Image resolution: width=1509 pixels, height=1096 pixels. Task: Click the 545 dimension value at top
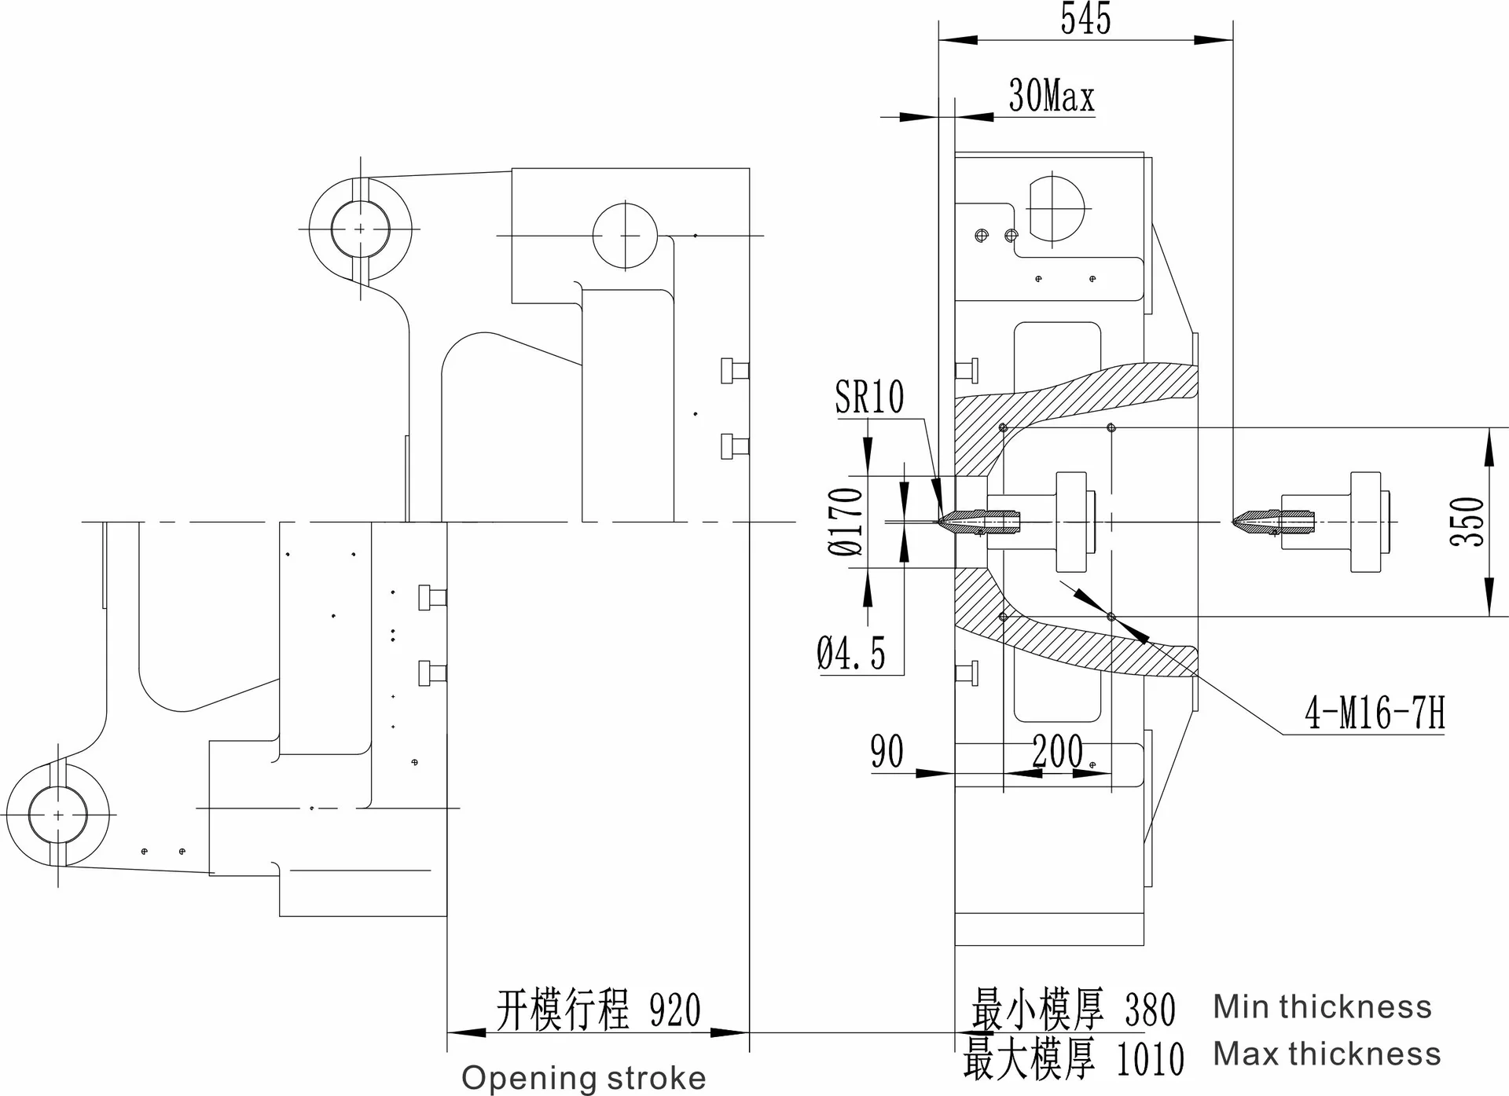click(1085, 20)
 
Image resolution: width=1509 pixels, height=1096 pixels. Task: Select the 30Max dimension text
click(1051, 97)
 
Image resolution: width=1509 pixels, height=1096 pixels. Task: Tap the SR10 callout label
click(869, 398)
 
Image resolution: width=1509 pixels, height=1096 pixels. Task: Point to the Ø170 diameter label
click(846, 521)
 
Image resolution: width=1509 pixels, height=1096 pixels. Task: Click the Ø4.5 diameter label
click(851, 654)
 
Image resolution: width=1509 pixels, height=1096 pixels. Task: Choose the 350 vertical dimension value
click(1467, 521)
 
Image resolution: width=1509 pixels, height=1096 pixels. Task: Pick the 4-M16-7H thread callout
click(1375, 714)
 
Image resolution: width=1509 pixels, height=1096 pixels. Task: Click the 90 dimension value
click(887, 752)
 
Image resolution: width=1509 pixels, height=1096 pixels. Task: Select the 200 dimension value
click(1058, 752)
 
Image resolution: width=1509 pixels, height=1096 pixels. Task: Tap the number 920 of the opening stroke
click(675, 1010)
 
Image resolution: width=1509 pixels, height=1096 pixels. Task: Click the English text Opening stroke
click(583, 1078)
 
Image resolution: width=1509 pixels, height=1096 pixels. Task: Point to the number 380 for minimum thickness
click(1150, 1010)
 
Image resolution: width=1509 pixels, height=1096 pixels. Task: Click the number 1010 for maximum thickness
click(1150, 1058)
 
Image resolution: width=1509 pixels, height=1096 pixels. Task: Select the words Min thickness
click(1322, 1007)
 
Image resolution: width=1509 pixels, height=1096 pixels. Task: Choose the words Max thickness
click(1327, 1054)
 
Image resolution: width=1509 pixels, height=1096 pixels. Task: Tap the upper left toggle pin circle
click(360, 229)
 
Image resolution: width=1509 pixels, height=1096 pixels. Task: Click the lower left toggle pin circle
click(58, 815)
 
